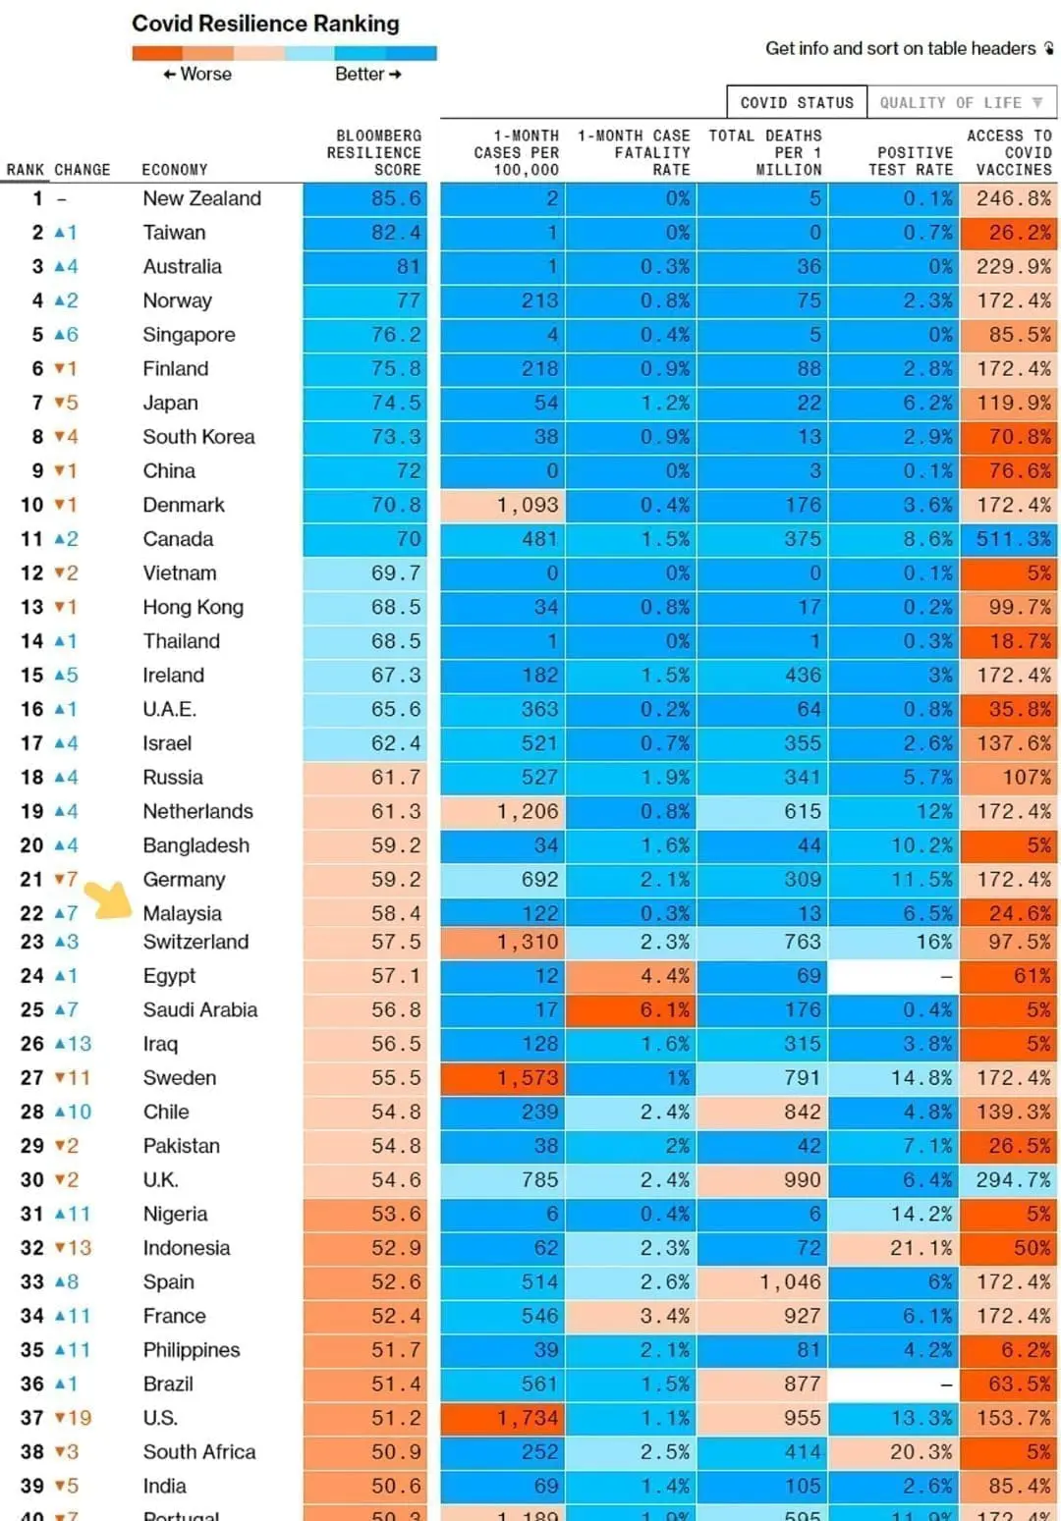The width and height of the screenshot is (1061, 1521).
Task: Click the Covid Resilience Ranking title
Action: (265, 24)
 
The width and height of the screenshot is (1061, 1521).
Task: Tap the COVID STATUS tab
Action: (796, 102)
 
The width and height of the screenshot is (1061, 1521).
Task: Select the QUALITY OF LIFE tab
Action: (960, 102)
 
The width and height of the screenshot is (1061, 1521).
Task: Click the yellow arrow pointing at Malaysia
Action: (109, 898)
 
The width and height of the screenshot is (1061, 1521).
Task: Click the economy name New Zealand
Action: (201, 198)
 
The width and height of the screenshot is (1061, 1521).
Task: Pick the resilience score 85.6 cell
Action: (365, 198)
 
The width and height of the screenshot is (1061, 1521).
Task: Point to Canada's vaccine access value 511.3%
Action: (1012, 539)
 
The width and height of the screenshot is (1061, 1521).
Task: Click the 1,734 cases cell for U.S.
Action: (503, 1418)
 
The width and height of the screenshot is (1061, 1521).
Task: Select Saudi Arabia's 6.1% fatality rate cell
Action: (631, 1009)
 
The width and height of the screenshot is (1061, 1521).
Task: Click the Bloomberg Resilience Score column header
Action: (373, 152)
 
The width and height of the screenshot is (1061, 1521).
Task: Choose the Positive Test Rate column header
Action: (914, 161)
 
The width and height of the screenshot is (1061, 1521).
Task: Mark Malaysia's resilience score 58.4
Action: (365, 913)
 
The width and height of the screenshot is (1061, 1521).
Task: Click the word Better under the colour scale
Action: (360, 75)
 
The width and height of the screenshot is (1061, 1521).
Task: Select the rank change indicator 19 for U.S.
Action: (73, 1418)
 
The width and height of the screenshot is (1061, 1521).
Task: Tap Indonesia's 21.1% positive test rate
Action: (895, 1248)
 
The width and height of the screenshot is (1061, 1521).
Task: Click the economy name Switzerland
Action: (195, 942)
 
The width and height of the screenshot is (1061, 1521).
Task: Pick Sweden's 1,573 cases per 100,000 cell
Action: (503, 1078)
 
